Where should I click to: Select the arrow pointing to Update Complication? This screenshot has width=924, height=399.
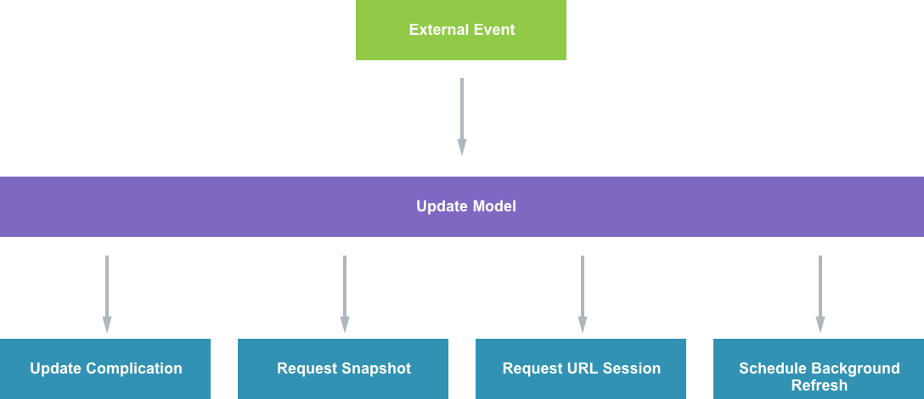pyautogui.click(x=107, y=294)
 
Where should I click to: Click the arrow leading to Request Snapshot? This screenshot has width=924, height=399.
pyautogui.click(x=345, y=294)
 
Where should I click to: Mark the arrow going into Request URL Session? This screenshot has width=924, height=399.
pyautogui.click(x=583, y=294)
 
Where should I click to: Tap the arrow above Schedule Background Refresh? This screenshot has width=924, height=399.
pyautogui.click(x=820, y=294)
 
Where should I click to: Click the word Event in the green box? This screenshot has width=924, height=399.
pyautogui.click(x=493, y=30)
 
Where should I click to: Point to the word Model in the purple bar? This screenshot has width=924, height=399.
pyautogui.click(x=494, y=206)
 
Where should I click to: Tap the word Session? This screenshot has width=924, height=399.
pyautogui.click(x=629, y=368)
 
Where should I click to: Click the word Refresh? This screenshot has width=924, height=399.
pyautogui.click(x=819, y=385)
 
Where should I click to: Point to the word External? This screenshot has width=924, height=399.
pyautogui.click(x=437, y=30)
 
